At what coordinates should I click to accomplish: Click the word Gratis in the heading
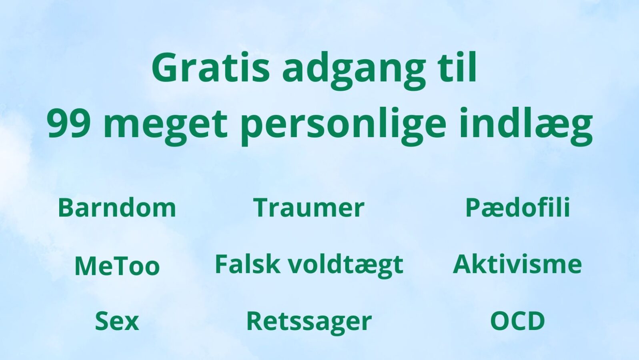[210, 67]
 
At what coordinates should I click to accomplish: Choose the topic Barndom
[117, 207]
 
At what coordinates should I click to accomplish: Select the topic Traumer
[308, 208]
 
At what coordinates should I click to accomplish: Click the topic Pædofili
[518, 207]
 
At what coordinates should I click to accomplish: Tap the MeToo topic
[117, 265]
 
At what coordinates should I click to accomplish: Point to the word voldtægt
[345, 265]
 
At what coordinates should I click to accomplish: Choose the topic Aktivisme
[517, 264]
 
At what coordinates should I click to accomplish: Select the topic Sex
[117, 321]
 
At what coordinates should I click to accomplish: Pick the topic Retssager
[309, 322]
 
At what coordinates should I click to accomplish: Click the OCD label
[517, 321]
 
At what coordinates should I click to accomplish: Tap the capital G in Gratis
[166, 67]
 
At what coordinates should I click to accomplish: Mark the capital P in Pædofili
[474, 208]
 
